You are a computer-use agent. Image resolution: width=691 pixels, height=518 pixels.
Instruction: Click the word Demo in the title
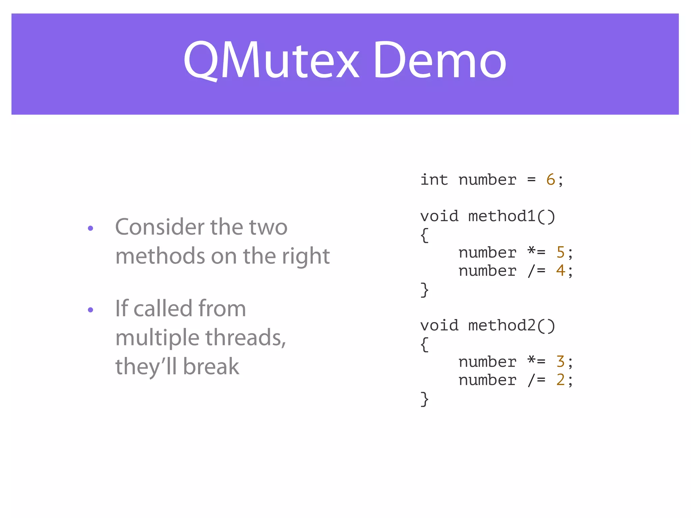439,61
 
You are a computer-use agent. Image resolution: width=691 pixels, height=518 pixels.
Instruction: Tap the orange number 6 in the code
550,180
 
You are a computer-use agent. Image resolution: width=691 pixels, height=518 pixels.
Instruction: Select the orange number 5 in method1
560,253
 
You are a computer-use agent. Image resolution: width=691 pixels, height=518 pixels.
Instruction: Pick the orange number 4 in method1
560,271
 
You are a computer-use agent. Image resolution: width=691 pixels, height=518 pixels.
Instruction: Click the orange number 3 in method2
560,362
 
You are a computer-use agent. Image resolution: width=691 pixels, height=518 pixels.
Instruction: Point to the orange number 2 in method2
560,380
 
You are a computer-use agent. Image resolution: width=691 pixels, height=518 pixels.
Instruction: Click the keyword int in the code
434,180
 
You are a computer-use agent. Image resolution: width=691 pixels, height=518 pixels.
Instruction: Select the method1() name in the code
512,217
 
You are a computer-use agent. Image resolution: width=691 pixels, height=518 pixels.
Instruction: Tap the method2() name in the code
512,326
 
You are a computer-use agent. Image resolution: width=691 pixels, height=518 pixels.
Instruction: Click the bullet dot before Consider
90,229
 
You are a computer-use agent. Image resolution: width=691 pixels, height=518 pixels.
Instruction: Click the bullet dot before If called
90,310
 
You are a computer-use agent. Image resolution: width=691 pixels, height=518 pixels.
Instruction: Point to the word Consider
160,227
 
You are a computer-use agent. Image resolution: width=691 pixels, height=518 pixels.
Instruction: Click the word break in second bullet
211,367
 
